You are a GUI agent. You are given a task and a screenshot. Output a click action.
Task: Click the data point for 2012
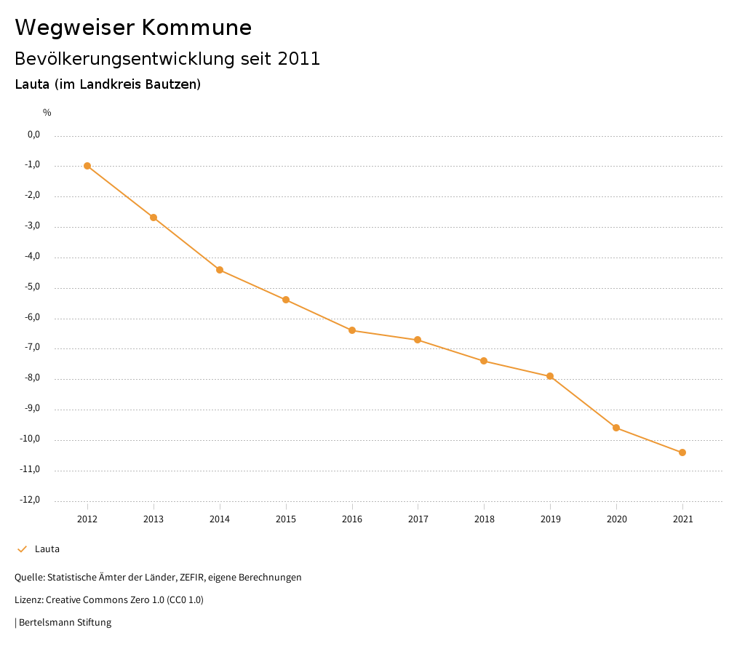[87, 166]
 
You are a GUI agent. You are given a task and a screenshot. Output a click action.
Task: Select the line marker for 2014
[220, 270]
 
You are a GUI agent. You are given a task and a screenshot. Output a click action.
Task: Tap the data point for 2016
[352, 330]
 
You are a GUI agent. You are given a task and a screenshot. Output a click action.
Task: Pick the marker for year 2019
[550, 376]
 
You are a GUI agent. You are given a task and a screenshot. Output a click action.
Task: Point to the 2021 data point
[682, 452]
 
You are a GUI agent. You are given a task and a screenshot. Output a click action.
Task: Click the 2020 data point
[616, 428]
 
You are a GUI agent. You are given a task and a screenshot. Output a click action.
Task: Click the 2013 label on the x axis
[154, 519]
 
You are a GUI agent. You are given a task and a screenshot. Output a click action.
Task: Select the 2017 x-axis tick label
[418, 519]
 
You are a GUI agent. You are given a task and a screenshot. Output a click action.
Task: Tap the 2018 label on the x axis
[484, 519]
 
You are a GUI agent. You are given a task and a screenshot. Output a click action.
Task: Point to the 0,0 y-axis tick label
[33, 135]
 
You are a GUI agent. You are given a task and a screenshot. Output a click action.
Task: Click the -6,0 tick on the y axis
[32, 317]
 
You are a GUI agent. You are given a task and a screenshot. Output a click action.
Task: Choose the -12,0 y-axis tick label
[30, 500]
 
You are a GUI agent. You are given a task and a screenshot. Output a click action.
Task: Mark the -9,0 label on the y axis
[32, 408]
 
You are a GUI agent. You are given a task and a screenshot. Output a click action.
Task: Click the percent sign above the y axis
[47, 113]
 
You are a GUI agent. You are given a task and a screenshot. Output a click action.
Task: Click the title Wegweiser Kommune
[133, 28]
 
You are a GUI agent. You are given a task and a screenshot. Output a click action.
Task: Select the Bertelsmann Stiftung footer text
[65, 623]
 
